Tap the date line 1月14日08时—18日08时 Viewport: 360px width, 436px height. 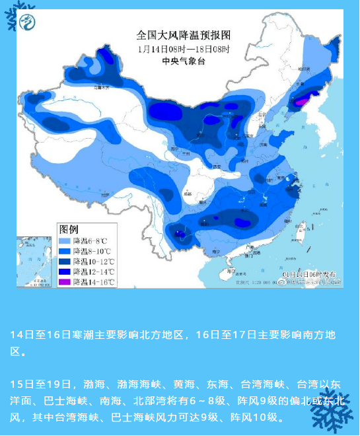[183, 50]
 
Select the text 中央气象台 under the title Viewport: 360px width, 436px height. [183, 61]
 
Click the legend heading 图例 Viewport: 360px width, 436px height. [69, 229]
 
